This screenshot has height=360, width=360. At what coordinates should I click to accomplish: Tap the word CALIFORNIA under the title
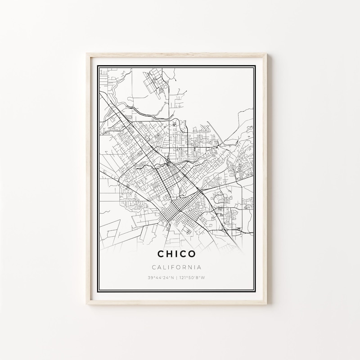tap(176, 267)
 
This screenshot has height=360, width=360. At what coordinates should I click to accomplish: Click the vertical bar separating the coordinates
tap(176, 277)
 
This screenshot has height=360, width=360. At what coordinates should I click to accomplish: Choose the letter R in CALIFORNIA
tap(185, 267)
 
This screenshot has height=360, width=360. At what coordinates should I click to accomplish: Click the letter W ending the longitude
tap(204, 277)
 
